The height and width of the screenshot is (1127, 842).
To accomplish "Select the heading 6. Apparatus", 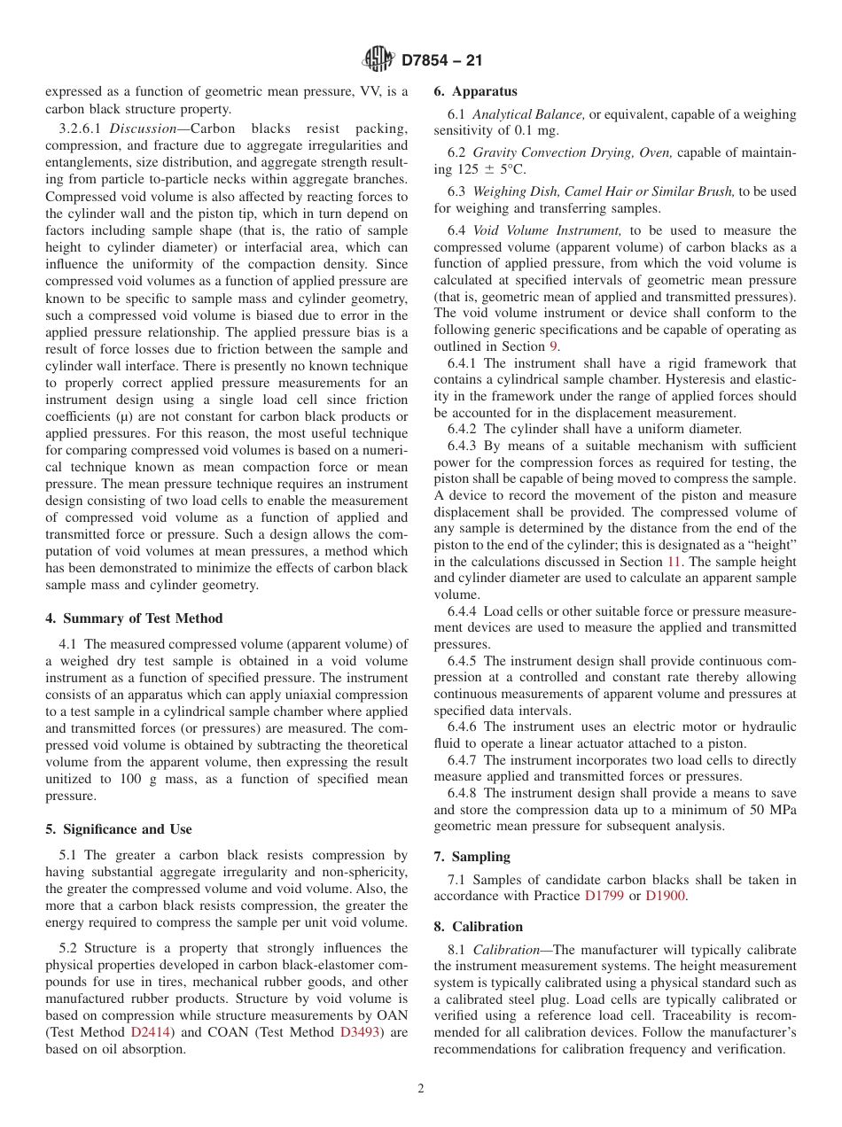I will click(x=475, y=91).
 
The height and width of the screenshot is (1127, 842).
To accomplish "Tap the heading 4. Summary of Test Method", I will click(x=134, y=618).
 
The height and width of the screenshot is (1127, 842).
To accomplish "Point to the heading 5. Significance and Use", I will click(x=118, y=829).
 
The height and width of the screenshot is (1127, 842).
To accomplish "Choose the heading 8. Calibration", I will click(x=478, y=927).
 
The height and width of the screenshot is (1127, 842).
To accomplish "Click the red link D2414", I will click(x=151, y=1032).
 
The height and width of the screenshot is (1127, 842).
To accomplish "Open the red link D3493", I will click(x=360, y=1032).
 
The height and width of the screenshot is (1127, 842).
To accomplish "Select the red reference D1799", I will click(x=604, y=896).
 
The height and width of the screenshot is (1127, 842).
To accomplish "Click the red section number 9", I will click(x=555, y=346).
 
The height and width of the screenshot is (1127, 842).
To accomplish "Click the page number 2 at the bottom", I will click(x=421, y=1089).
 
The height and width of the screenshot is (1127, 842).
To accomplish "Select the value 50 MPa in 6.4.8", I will click(x=768, y=810).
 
